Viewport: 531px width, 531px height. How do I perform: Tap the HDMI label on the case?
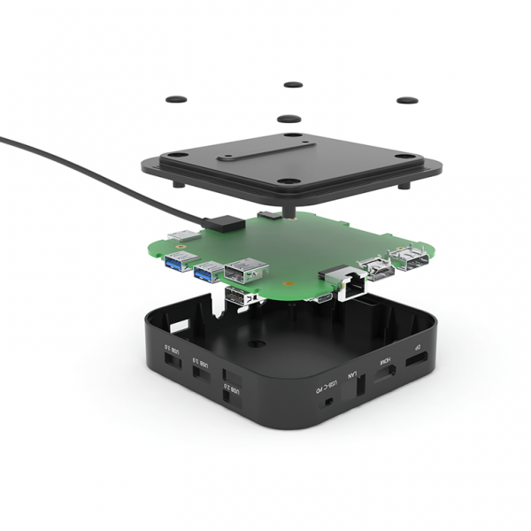385,363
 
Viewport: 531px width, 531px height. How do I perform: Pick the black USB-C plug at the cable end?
217,221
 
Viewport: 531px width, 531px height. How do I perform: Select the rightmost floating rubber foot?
406,100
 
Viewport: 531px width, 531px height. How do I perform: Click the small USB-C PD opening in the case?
329,401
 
